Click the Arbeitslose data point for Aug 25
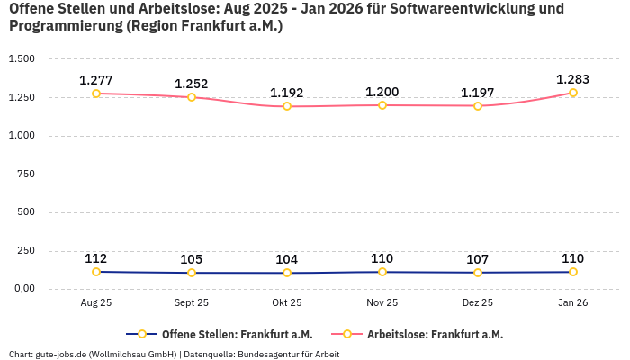pyautogui.click(x=96, y=94)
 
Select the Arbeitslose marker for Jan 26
pyautogui.click(x=573, y=93)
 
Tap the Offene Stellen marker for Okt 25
pyautogui.click(x=287, y=273)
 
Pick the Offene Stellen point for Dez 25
pyautogui.click(x=478, y=273)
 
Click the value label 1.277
pyautogui.click(x=96, y=80)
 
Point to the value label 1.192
pyautogui.click(x=287, y=93)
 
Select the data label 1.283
pyautogui.click(x=573, y=79)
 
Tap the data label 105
pyautogui.click(x=192, y=259)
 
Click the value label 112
pyautogui.click(x=96, y=258)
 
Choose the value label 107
pyautogui.click(x=478, y=259)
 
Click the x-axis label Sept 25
pyautogui.click(x=192, y=303)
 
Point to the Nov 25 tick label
pyautogui.click(x=382, y=303)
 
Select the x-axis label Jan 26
pyautogui.click(x=573, y=303)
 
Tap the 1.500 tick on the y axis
pyautogui.click(x=21, y=59)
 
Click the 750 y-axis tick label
pyautogui.click(x=26, y=175)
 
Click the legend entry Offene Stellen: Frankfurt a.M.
pyautogui.click(x=230, y=334)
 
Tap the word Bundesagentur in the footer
pyautogui.click(x=266, y=355)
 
